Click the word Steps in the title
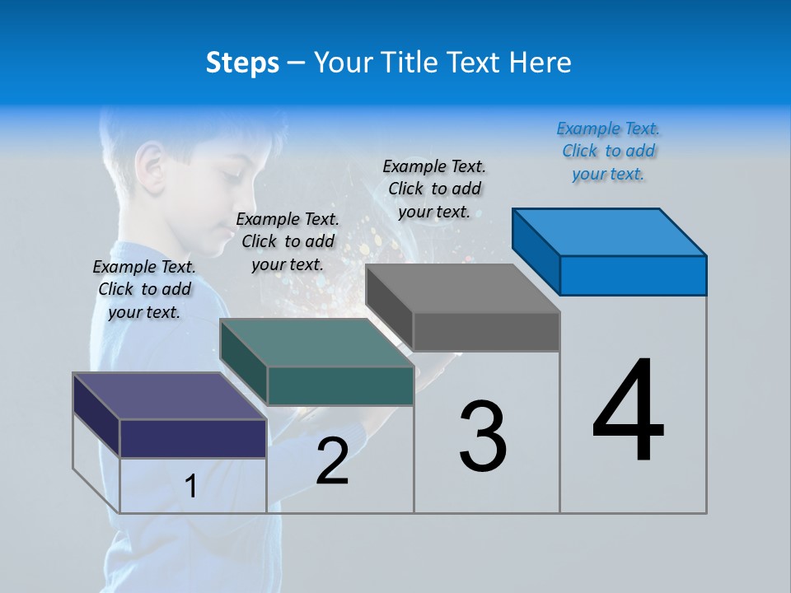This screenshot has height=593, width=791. (242, 63)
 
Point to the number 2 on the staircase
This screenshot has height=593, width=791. (332, 461)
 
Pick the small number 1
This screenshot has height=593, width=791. (191, 486)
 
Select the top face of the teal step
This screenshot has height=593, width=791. (316, 343)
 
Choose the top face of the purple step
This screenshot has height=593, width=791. (169, 396)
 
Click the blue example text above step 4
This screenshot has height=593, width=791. (608, 152)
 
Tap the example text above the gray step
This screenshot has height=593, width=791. (434, 189)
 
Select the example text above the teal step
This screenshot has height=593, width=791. (288, 241)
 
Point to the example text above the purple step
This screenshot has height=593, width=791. (144, 289)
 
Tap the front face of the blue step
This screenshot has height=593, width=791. (633, 275)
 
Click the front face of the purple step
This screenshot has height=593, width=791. (193, 437)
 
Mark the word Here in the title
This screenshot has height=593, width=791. (542, 63)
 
